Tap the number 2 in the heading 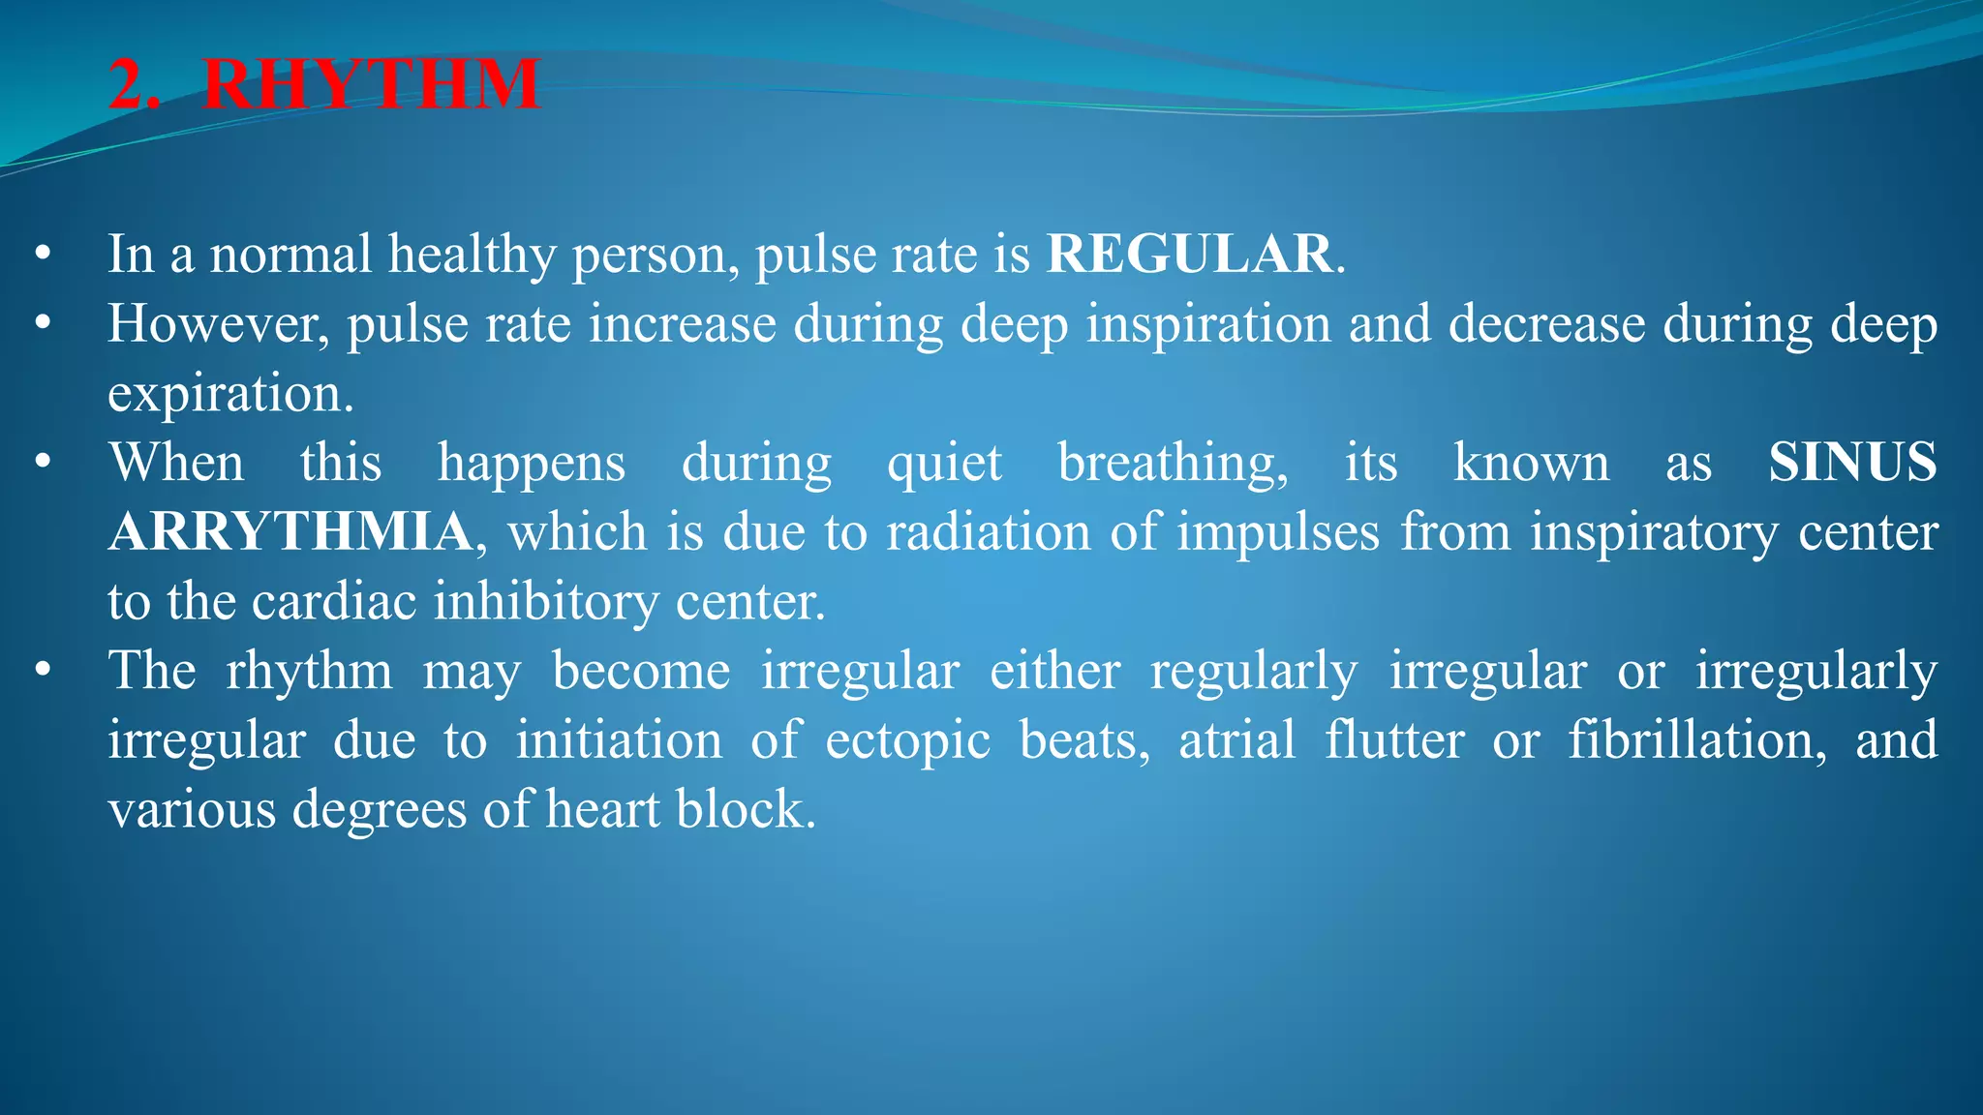click(x=129, y=85)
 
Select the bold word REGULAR click(x=1189, y=255)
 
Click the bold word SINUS click(x=1851, y=463)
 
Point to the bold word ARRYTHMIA click(x=290, y=532)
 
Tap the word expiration click(x=229, y=394)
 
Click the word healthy click(x=472, y=255)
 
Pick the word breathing click(x=1173, y=463)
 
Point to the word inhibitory click(x=545, y=602)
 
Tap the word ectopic click(x=907, y=741)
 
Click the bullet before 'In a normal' click(x=42, y=255)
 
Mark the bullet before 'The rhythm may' click(x=42, y=671)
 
